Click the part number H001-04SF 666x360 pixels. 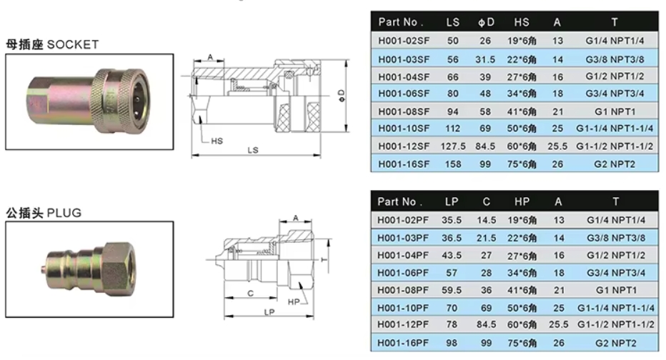404,77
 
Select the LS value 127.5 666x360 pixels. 453,146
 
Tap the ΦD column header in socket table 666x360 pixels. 486,22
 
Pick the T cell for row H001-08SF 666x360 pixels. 615,111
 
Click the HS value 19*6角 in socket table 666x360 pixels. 522,41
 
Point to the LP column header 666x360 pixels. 452,201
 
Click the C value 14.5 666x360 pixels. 487,220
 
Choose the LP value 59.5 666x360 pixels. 452,290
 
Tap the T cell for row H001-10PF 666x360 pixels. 615,308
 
